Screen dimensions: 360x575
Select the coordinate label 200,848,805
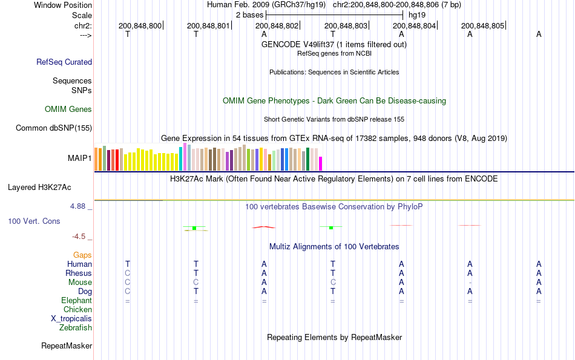pos(482,26)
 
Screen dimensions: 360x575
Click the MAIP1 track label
pos(80,159)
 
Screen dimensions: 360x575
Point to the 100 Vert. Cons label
pos(34,221)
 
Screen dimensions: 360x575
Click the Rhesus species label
pos(79,273)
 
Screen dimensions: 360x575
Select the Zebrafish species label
pos(76,328)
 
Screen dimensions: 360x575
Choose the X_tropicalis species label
pos(71,319)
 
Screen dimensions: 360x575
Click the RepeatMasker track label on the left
pos(67,346)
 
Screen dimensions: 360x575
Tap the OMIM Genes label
pos(68,110)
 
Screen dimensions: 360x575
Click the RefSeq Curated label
pos(64,62)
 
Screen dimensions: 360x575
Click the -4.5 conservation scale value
pos(79,237)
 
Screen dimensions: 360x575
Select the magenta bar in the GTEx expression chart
pos(321,164)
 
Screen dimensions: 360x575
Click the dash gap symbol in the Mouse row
pos(470,283)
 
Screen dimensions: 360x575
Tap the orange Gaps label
pos(82,255)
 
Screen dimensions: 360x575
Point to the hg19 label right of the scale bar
pos(417,14)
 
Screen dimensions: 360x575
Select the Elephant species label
pos(76,301)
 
